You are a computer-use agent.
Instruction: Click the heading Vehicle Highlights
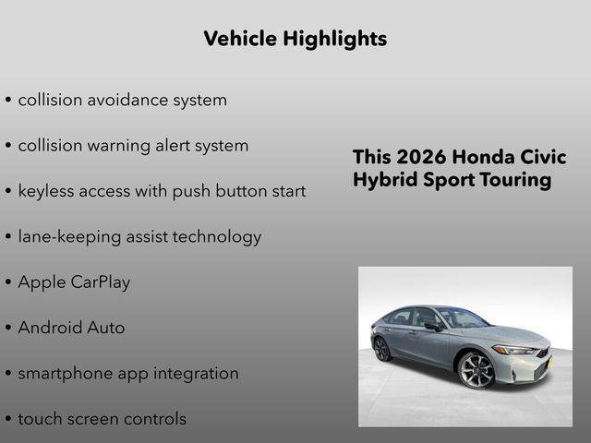(x=295, y=39)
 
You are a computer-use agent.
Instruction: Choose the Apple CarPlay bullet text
(x=74, y=282)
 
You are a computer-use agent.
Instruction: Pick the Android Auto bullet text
(x=71, y=328)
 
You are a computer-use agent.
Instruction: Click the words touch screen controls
(x=102, y=419)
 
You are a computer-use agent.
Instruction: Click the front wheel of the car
(x=476, y=370)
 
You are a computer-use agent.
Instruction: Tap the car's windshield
(x=462, y=319)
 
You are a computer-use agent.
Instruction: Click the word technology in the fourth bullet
(x=219, y=237)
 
